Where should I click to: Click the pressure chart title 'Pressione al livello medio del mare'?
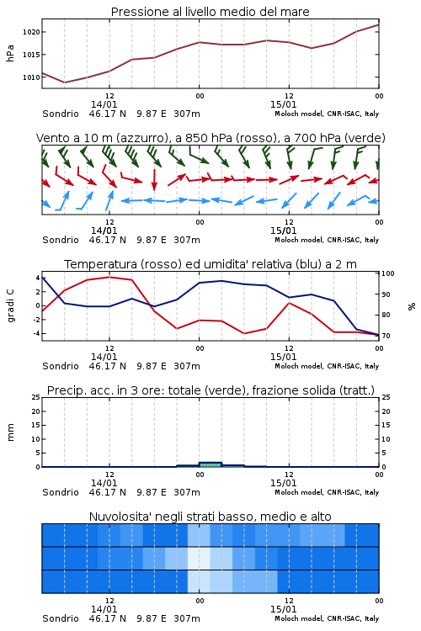click(x=210, y=12)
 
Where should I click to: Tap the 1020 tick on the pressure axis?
click(x=31, y=32)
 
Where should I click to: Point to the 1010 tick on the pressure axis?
click(x=31, y=77)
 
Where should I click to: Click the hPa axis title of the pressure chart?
click(x=10, y=54)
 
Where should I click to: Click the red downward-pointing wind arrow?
click(x=154, y=180)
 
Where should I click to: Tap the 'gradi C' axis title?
click(x=11, y=306)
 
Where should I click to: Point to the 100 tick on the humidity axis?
click(x=388, y=273)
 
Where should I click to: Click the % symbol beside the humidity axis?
click(x=412, y=306)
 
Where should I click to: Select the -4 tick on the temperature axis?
click(x=36, y=333)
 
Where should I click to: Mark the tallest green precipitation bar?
click(x=210, y=464)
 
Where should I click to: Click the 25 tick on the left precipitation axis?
click(x=36, y=397)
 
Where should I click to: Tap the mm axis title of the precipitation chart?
click(x=10, y=432)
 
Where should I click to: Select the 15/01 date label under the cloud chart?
click(x=283, y=609)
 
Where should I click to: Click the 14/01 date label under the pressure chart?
click(x=104, y=104)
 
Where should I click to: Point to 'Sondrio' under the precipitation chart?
click(x=61, y=492)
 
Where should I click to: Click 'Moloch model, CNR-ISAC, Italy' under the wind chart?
click(x=327, y=240)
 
